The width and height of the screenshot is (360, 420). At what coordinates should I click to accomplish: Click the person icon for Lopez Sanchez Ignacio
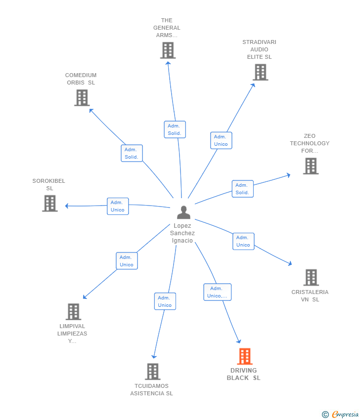tap(183, 212)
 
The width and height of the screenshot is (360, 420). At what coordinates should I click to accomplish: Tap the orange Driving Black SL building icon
tap(245, 356)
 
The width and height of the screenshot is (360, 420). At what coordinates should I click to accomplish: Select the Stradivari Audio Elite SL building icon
tap(260, 72)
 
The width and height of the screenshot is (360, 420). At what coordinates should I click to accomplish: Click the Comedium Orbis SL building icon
tap(82, 97)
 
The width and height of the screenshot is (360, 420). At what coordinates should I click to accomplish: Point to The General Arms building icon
tap(168, 50)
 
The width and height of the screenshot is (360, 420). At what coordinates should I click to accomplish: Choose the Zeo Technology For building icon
tap(311, 166)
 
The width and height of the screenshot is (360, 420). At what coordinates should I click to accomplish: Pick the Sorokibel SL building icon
tap(49, 203)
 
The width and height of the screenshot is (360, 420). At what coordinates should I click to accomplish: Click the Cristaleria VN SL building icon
tap(311, 277)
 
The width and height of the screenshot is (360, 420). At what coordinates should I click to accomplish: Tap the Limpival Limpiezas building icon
tap(73, 312)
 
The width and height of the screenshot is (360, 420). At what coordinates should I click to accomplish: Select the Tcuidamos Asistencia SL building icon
tap(152, 372)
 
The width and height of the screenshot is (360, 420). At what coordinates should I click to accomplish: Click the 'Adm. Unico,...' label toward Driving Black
tap(218, 292)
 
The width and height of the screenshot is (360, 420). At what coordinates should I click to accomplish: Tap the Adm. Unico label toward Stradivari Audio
tap(221, 140)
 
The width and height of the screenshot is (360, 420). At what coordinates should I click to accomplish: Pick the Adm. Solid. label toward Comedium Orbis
tap(132, 153)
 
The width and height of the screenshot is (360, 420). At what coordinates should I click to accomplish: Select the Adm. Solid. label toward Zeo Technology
tap(242, 189)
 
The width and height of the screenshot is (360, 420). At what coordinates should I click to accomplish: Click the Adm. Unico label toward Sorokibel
tap(118, 206)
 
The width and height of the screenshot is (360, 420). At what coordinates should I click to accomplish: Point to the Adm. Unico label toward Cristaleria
tap(243, 241)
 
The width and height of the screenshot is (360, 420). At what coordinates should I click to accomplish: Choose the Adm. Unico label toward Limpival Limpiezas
tap(127, 261)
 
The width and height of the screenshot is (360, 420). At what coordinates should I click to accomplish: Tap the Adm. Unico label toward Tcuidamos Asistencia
tap(165, 301)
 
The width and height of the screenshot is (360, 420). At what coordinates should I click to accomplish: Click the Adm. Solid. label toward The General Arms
tap(175, 129)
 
